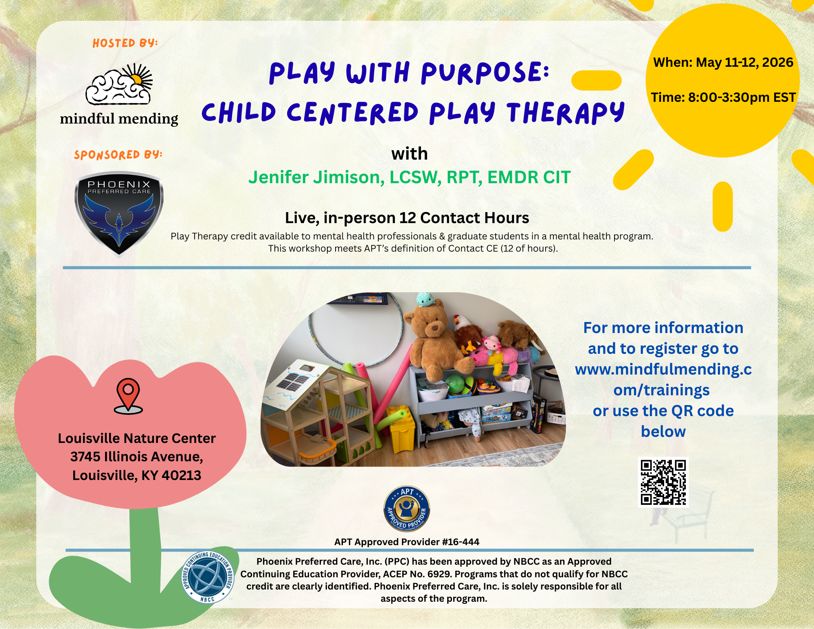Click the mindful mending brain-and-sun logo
(x=119, y=84)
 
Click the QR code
(x=663, y=482)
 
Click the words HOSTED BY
(x=125, y=43)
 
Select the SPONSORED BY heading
(x=118, y=155)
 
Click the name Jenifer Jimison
(x=316, y=178)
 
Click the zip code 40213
(x=181, y=476)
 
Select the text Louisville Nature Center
(x=136, y=438)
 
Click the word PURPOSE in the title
(x=485, y=73)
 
